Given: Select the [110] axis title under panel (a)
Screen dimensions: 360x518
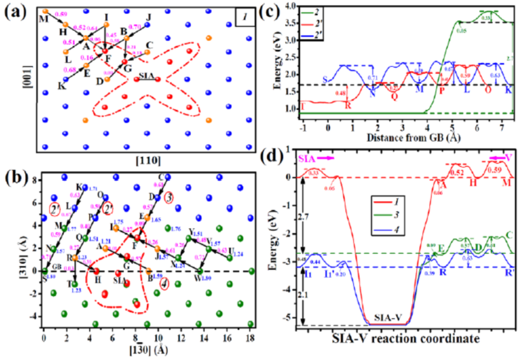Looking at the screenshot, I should point(142,160).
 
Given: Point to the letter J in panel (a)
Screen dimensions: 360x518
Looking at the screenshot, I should point(148,17).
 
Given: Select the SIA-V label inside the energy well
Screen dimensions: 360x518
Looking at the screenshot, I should point(383,317).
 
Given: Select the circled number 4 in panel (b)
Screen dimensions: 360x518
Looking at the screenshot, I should point(164,283).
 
